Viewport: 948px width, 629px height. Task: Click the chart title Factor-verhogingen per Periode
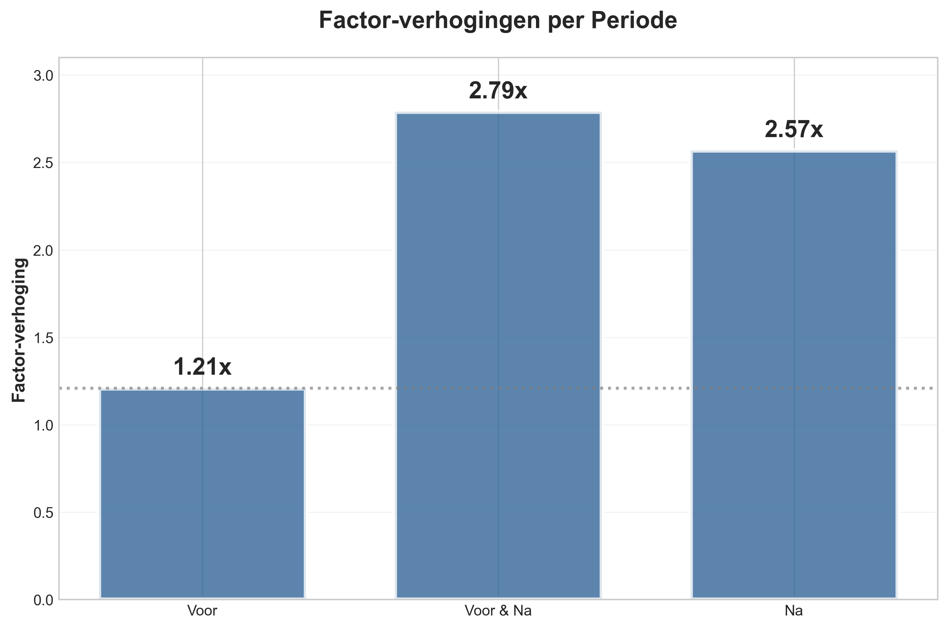pos(498,20)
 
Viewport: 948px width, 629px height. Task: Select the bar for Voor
pos(202,494)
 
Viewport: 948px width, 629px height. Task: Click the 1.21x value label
pos(202,367)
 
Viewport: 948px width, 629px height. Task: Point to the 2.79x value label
pos(498,91)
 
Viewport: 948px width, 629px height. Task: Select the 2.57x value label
pos(793,130)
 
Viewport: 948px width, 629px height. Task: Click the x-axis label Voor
pos(202,611)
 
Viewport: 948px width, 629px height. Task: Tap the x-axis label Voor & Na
pos(498,611)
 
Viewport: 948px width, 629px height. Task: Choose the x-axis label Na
pos(793,611)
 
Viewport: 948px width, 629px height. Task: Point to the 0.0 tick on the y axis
pos(43,601)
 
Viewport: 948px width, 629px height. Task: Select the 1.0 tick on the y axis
pos(43,425)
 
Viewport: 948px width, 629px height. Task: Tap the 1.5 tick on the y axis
pos(43,338)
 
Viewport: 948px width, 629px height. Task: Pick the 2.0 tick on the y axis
pos(43,251)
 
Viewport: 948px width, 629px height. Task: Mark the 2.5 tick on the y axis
pos(43,163)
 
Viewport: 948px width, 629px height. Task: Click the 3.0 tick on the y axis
pos(43,76)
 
